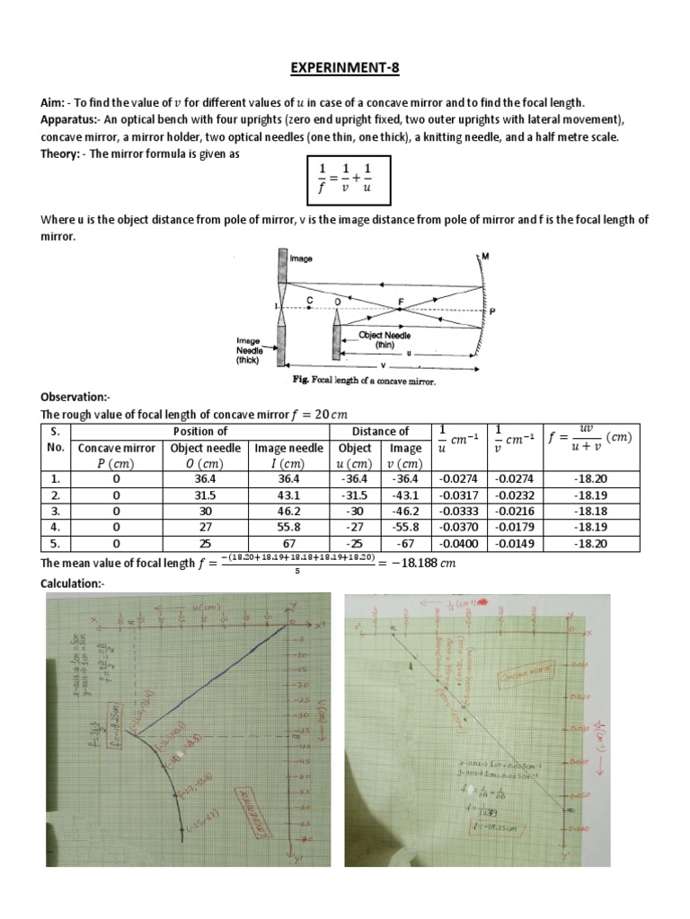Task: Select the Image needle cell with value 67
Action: (288, 544)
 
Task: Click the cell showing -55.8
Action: (405, 528)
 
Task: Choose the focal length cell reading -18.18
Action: (593, 512)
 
